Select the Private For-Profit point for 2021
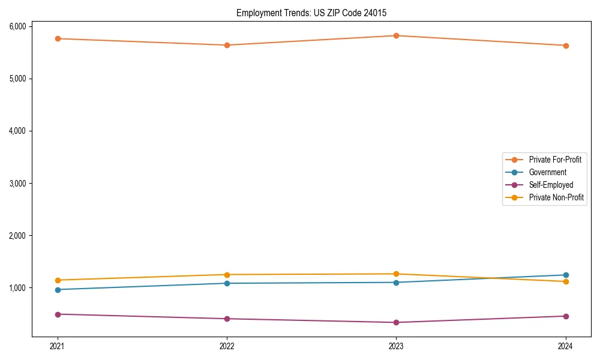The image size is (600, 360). (58, 38)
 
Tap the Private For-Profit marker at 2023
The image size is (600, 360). (396, 35)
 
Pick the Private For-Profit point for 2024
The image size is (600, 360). (566, 46)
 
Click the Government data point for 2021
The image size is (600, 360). (58, 290)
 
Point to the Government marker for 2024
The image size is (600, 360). (566, 275)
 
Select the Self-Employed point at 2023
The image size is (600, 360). (396, 322)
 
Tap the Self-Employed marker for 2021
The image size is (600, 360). (58, 314)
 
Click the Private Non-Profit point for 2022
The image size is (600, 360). (227, 275)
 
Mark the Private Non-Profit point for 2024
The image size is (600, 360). (566, 281)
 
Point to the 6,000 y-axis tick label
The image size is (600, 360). (17, 26)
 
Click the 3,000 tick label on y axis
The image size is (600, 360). (17, 183)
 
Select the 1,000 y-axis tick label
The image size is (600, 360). (17, 288)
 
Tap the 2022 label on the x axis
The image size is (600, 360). (227, 346)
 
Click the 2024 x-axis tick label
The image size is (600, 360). (566, 346)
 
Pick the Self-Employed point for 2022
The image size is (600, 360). (227, 319)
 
